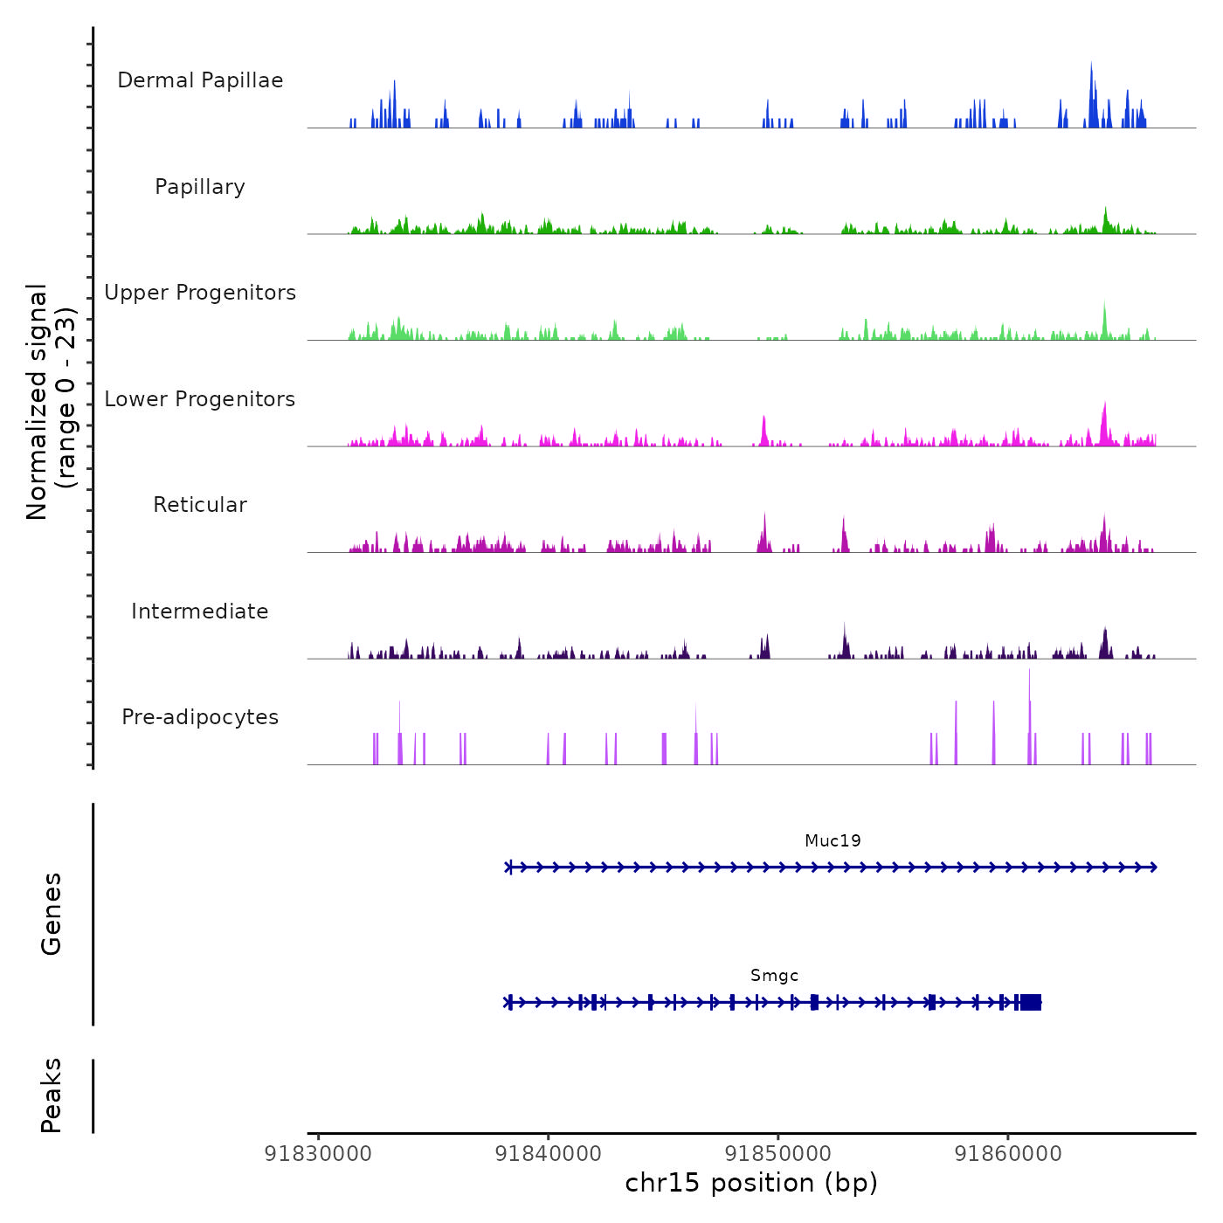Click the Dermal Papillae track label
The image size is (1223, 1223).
click(x=200, y=80)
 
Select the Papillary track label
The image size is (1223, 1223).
click(x=200, y=187)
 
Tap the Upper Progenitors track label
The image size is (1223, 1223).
click(x=200, y=293)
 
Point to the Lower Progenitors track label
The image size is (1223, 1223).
click(x=200, y=399)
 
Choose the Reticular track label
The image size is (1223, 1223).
click(x=200, y=505)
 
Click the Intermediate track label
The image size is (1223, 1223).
click(x=200, y=611)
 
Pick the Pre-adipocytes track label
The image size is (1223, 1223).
click(x=200, y=717)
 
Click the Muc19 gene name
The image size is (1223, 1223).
click(x=833, y=840)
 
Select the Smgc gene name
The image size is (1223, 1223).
click(x=774, y=975)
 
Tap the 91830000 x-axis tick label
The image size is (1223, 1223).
click(x=318, y=1154)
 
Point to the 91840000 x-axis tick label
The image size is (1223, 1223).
click(x=548, y=1154)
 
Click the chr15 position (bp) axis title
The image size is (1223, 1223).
click(x=751, y=1183)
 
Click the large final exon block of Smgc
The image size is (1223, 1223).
click(x=1031, y=1002)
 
